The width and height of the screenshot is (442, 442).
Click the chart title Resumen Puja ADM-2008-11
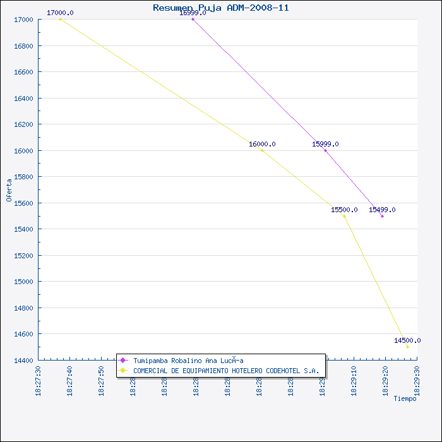pos(221,8)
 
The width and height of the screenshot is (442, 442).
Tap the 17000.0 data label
pos(60,13)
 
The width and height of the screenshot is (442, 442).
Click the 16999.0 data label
pos(193,13)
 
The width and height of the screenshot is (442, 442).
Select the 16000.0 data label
pos(262,144)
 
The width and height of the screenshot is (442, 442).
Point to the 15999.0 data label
pos(325,144)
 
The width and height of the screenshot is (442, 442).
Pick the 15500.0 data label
pos(344,210)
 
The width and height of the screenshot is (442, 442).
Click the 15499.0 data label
pos(382,210)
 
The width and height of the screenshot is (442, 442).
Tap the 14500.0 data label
pos(407,340)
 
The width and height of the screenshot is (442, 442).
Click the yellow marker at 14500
pos(407,347)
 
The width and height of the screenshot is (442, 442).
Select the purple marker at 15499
pos(382,216)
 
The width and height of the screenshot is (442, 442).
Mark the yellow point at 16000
pos(262,150)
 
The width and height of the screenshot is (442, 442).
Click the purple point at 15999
pos(325,150)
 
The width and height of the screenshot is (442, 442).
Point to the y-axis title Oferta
pos(9,189)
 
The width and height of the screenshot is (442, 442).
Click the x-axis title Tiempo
pos(405,398)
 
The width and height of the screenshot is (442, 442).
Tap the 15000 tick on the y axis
pos(24,282)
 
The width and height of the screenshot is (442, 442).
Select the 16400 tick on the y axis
pos(24,99)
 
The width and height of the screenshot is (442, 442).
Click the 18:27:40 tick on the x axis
pos(71,381)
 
